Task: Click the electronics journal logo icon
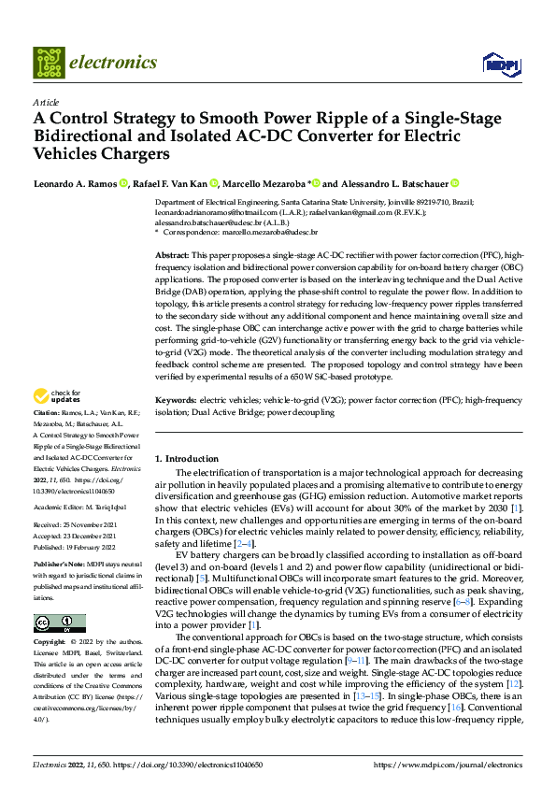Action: click(49, 63)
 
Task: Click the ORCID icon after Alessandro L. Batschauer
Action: click(455, 183)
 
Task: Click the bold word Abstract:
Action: click(173, 255)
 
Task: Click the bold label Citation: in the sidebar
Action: click(48, 436)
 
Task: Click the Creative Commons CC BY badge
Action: click(60, 622)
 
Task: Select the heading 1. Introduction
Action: click(186, 459)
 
